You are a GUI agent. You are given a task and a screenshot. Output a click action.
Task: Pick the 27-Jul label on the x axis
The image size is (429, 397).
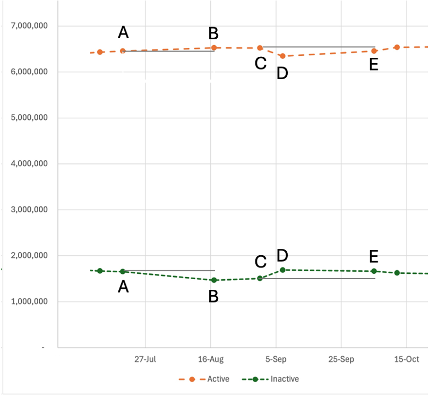click(x=145, y=359)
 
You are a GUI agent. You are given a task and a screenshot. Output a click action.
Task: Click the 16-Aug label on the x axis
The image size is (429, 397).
click(x=210, y=359)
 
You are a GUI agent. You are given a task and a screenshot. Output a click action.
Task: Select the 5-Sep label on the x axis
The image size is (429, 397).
click(x=276, y=359)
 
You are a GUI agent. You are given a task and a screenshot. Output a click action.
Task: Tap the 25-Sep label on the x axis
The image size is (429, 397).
click(x=341, y=359)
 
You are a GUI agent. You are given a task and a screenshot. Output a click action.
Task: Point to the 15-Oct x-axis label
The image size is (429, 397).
click(x=406, y=359)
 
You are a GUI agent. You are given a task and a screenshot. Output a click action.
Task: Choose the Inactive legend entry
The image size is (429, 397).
click(x=285, y=379)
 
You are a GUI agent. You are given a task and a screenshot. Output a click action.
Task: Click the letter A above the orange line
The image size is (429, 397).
click(x=123, y=33)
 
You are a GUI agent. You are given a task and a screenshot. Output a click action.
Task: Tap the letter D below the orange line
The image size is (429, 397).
click(x=282, y=73)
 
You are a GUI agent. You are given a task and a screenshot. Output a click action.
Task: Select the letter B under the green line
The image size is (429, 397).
click(x=213, y=297)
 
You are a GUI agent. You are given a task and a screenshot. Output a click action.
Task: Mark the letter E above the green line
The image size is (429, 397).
click(x=374, y=257)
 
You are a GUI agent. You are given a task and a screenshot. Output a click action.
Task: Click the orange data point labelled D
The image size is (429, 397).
click(x=282, y=56)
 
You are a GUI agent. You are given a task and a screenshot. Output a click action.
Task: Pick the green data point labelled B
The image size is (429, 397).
click(x=214, y=280)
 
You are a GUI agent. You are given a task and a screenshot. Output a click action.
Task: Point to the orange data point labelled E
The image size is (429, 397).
click(x=374, y=51)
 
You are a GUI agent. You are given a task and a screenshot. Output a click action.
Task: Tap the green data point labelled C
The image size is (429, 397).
click(x=260, y=278)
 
